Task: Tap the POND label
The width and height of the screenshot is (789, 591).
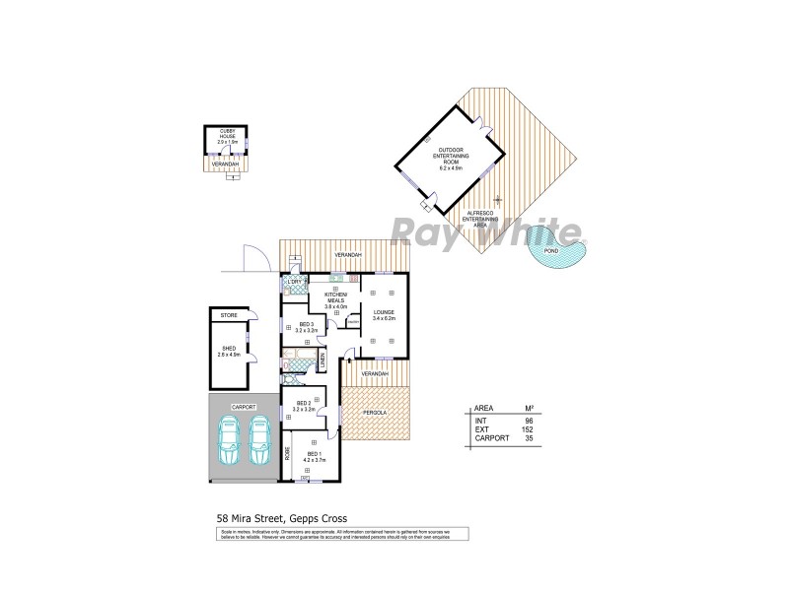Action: tap(551, 251)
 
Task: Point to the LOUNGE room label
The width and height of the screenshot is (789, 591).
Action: tap(385, 312)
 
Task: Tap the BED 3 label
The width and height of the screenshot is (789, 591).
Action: tap(305, 324)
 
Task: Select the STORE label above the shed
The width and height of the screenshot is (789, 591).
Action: tap(229, 315)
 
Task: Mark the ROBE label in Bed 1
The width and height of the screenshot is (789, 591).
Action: tap(287, 454)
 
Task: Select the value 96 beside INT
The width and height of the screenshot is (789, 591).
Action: tap(529, 420)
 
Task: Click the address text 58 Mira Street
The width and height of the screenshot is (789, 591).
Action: tap(252, 515)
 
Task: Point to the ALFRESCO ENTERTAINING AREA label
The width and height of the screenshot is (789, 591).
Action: tap(480, 220)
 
